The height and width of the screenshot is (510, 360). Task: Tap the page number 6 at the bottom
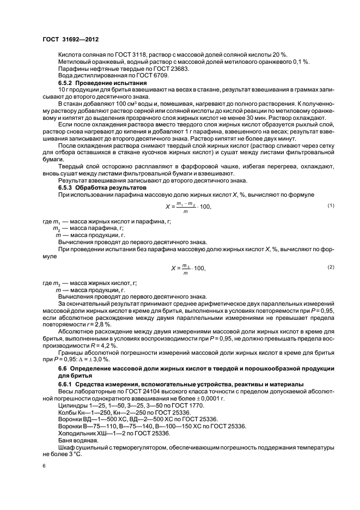(x=44, y=466)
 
